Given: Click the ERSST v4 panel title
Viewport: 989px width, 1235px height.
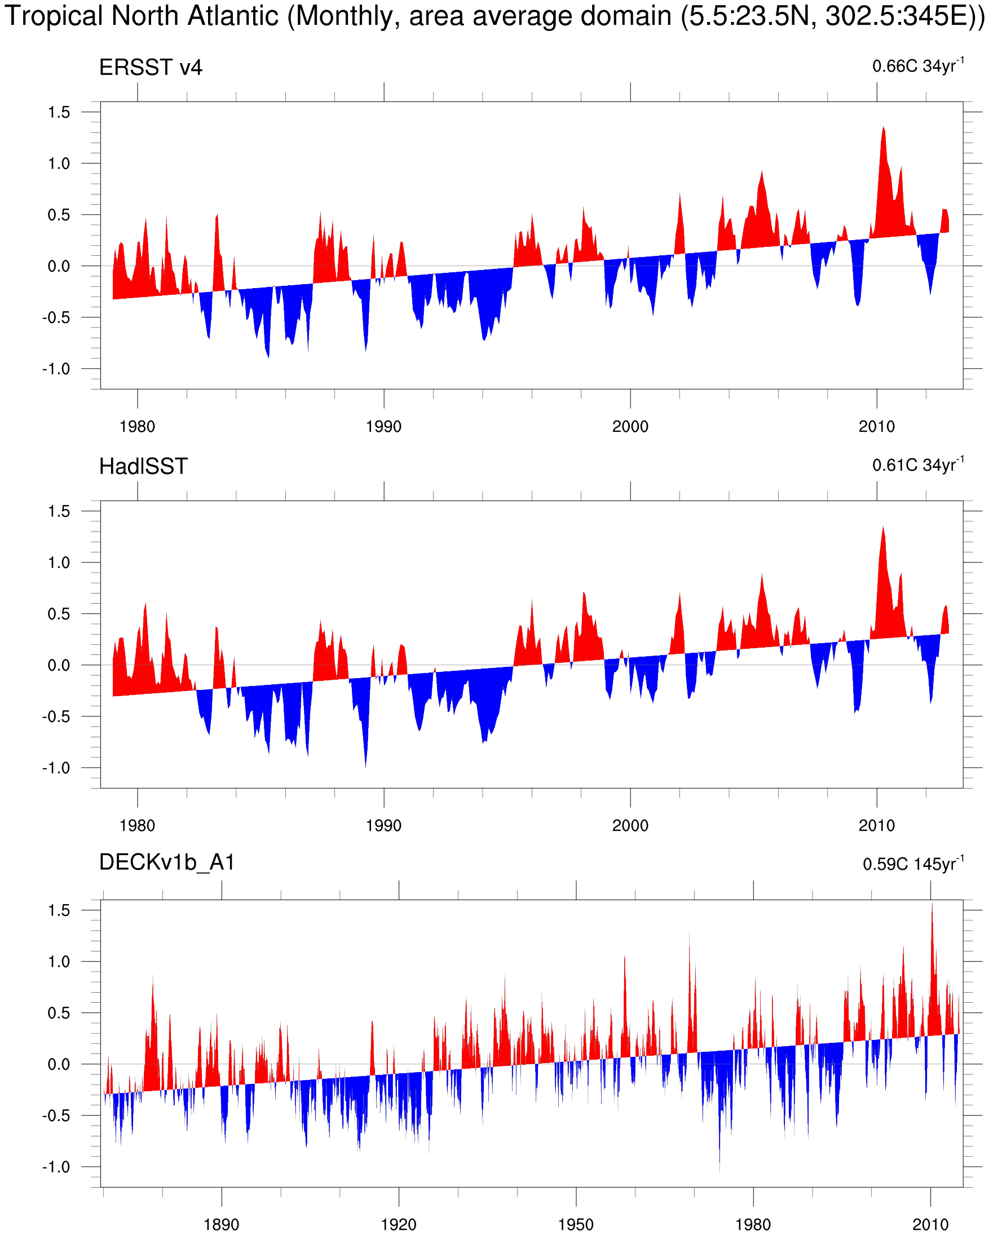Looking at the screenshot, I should coord(150,68).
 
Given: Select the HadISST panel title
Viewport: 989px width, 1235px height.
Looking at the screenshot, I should coord(143,467).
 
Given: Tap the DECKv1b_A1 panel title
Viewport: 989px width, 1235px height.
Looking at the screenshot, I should coord(167,862).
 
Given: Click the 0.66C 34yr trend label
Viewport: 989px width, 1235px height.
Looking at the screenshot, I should coord(917,65).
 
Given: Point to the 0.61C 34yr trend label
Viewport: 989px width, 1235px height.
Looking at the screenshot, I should coord(917,464).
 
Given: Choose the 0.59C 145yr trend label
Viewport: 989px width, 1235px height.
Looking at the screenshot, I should coord(913,863).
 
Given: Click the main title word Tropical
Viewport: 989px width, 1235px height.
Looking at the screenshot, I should coord(55,16).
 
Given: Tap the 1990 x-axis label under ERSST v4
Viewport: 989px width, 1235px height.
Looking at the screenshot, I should coord(383,427).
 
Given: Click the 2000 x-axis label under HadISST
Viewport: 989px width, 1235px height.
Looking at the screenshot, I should coord(630,825).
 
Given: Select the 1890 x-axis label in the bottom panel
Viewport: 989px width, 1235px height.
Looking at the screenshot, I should coord(221,1224).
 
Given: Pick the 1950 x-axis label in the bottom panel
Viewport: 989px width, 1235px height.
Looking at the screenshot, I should coord(575,1224).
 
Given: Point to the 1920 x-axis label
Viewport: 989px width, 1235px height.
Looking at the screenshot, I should coord(398,1224).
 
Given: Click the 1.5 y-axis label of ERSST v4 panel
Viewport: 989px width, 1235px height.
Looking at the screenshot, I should coord(59,112).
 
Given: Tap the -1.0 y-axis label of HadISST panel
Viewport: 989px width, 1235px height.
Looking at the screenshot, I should coord(56,768).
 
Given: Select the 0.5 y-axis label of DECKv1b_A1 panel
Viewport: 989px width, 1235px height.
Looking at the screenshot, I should coord(59,1013).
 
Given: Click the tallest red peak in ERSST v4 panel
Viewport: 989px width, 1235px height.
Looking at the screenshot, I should coord(883,130).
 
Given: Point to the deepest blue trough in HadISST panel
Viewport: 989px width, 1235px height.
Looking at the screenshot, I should coord(365,765).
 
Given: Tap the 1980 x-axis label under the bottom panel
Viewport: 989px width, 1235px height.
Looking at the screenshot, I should coord(753,1224).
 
